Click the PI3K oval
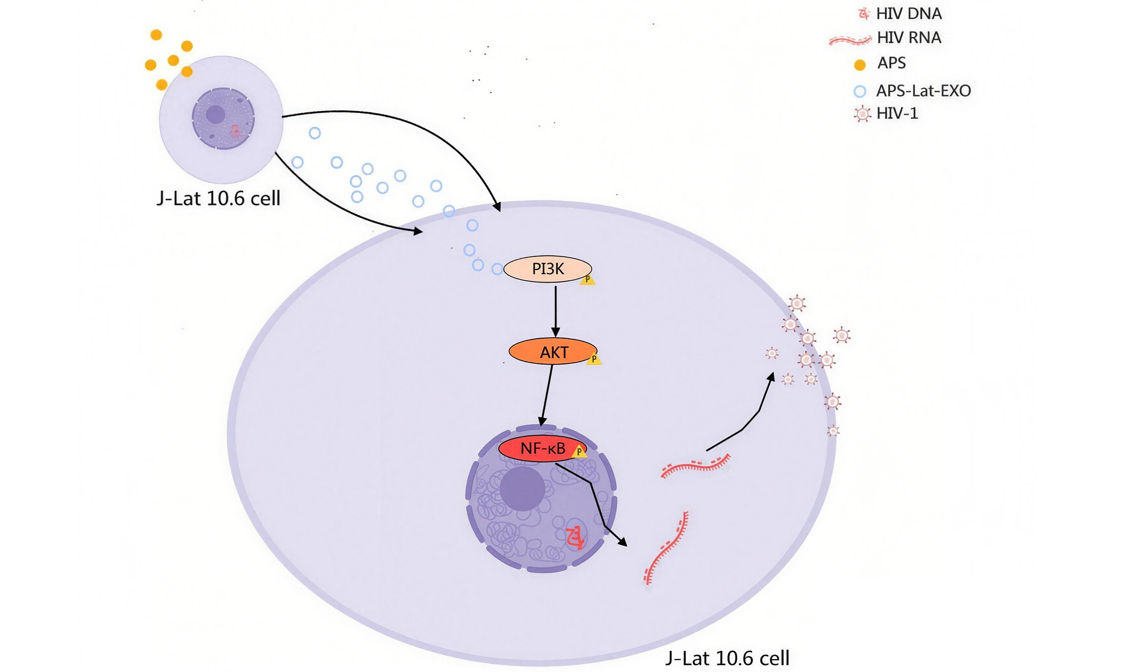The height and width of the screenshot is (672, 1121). pos(547,269)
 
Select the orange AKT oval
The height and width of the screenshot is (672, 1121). pos(553,352)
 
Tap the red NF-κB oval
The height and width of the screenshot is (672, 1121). pos(542,448)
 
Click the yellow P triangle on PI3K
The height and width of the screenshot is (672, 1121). pos(588,280)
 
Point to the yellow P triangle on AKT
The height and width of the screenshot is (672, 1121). pos(594,360)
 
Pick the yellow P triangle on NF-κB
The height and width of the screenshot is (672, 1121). pos(579,451)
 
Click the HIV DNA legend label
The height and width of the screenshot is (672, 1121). pos(909,14)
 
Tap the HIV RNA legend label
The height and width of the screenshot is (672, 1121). pos(909,38)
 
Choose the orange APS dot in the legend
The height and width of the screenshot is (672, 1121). pos(860,65)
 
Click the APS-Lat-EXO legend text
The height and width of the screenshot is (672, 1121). pos(923,91)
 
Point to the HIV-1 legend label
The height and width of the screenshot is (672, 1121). pos(897,113)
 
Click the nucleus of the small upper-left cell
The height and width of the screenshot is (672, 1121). pos(222,119)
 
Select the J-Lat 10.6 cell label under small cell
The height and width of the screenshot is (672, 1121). pos(219,198)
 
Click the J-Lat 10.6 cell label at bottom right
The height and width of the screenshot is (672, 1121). pos(727,658)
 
